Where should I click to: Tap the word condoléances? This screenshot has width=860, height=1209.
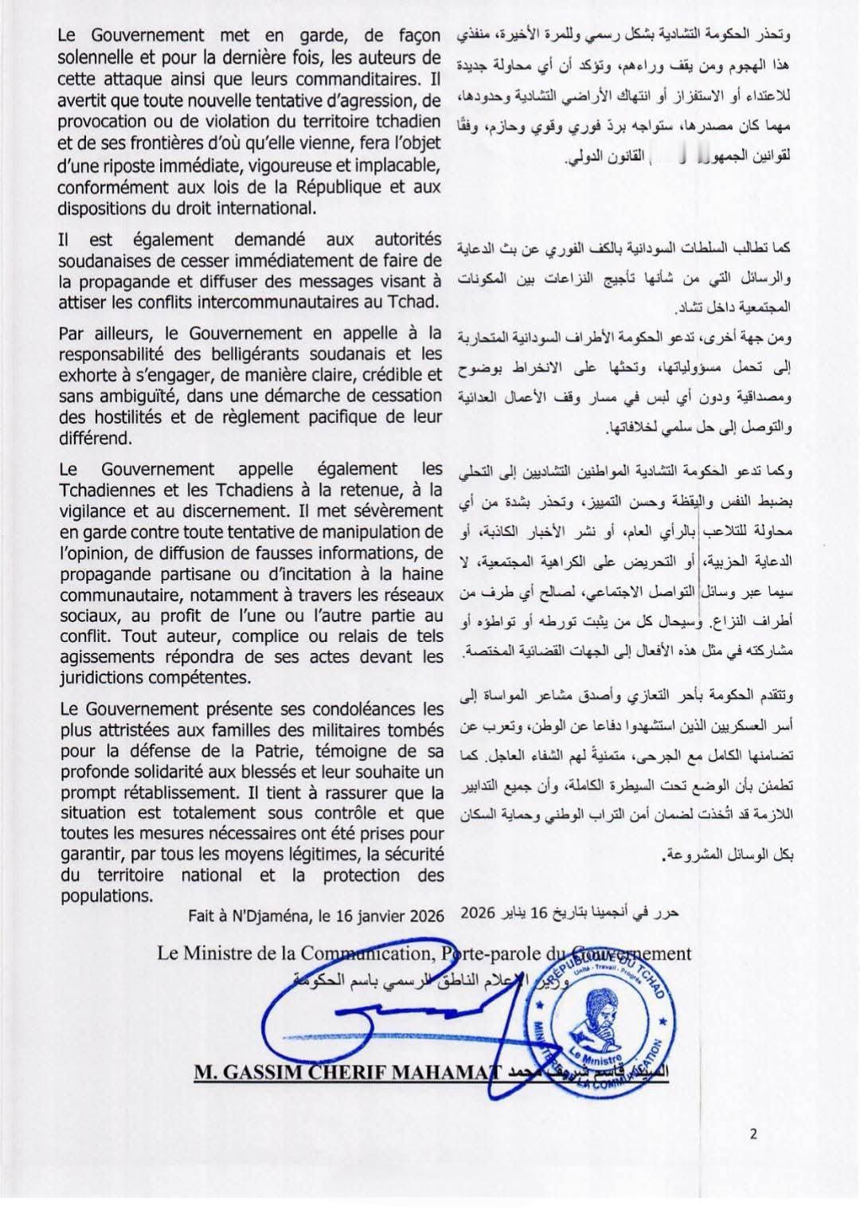[348, 708]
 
